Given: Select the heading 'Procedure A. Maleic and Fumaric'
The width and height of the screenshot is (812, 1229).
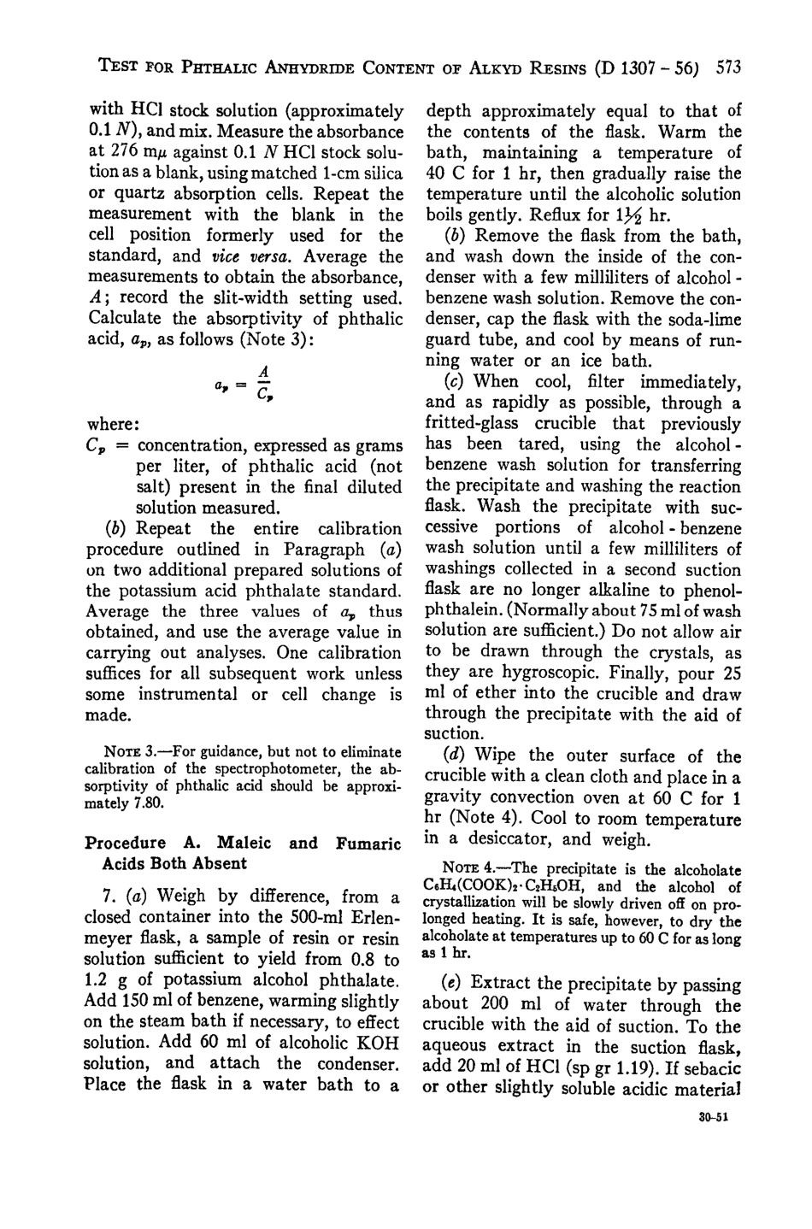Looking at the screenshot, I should (x=243, y=843).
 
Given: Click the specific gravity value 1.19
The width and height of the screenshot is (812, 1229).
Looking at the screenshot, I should (x=621, y=1068).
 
